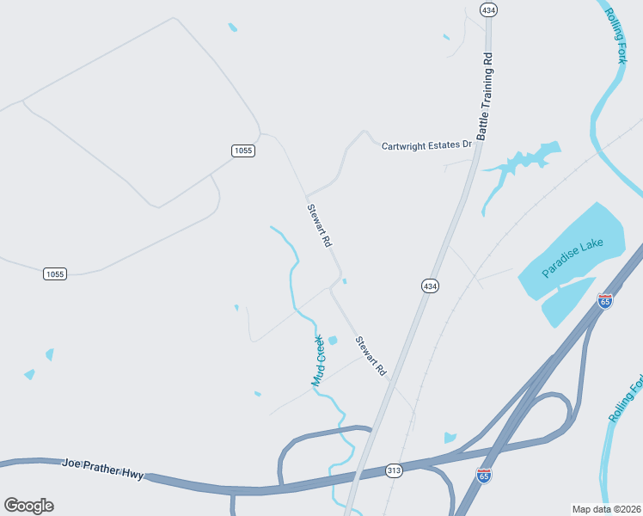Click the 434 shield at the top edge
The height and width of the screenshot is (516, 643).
pos(489,9)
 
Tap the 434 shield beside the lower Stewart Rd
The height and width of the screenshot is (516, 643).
pos(430,286)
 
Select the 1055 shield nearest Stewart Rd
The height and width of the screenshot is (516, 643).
pos(243,150)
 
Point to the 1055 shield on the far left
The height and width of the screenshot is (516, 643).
pos(55,273)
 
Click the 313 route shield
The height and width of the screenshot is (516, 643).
pos(395,470)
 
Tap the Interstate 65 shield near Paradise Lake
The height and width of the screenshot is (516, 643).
pos(605,301)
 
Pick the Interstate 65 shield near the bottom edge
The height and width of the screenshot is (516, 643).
pos(484,475)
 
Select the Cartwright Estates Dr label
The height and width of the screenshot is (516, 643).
pos(427,145)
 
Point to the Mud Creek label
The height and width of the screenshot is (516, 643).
pos(318,359)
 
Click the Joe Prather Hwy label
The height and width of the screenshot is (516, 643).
pos(103,468)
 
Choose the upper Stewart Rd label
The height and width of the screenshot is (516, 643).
pos(319,225)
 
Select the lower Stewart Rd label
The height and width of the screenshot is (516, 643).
pos(370,356)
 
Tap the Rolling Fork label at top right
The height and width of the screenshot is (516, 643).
pos(616,35)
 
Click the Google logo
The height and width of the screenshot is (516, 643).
pos(28,506)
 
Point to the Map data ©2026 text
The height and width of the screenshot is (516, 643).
pos(606,509)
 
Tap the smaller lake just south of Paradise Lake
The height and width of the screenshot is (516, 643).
pos(567,301)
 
